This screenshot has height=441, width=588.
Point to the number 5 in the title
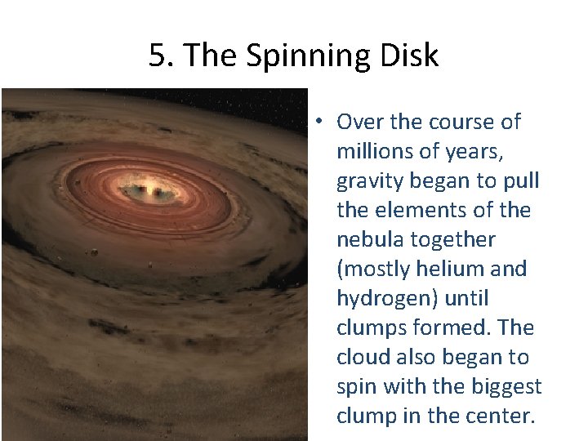coord(158,56)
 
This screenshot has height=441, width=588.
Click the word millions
coord(374,152)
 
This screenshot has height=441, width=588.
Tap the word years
coord(468,152)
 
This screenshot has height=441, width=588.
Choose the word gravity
coord(369,181)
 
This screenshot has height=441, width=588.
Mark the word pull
coord(523,181)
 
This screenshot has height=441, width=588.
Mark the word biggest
coord(501,387)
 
